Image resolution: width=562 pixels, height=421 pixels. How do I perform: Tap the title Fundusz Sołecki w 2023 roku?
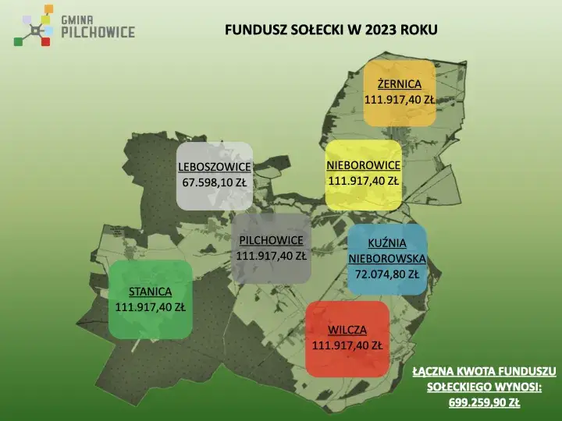(x=331, y=30)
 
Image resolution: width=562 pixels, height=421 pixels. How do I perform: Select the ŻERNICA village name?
(x=399, y=84)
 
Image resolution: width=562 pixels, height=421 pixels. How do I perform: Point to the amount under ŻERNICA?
(x=400, y=100)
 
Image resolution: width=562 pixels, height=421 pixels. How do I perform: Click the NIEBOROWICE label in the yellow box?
(x=363, y=165)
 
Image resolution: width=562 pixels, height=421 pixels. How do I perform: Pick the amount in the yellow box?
(x=363, y=181)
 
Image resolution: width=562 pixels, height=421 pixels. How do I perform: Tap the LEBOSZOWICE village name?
(x=214, y=167)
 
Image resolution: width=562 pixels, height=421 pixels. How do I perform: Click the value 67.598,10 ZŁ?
(x=214, y=182)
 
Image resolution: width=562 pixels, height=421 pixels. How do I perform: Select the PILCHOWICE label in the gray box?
(x=271, y=239)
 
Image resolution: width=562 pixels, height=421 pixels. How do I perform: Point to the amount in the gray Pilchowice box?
(x=271, y=255)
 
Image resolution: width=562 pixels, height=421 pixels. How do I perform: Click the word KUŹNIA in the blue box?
(x=387, y=243)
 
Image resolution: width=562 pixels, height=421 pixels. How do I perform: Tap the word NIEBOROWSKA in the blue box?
(x=387, y=259)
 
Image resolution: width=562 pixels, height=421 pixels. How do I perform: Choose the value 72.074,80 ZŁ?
(x=387, y=274)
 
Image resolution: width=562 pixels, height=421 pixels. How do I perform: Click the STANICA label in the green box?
(x=150, y=292)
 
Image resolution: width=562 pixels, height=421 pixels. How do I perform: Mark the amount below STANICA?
(x=150, y=307)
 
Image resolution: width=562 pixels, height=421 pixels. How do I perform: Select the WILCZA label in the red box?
(x=347, y=329)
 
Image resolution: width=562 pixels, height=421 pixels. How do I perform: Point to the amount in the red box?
(x=347, y=345)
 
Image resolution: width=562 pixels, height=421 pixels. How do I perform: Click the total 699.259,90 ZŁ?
(x=484, y=402)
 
